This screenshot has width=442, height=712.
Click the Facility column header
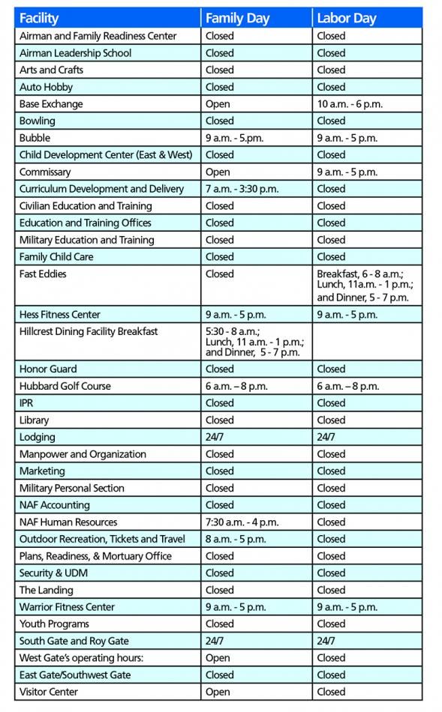pos(39,18)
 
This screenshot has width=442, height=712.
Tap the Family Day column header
pos(237,18)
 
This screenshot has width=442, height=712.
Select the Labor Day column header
pos(346,18)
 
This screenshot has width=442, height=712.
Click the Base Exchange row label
pos(51,104)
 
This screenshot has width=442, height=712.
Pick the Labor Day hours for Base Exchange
pos(350,104)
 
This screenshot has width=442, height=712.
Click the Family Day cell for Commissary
pos(218,172)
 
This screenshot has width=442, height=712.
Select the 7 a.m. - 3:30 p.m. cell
pos(242,189)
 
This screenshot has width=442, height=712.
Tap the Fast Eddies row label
pos(43,274)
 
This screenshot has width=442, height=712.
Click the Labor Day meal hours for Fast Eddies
pos(365,286)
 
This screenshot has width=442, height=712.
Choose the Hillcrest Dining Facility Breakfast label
pos(89,331)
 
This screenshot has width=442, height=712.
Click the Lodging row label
pos(38,437)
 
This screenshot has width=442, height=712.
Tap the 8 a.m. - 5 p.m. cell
pos(236,539)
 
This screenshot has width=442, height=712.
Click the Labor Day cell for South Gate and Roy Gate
pos(326,641)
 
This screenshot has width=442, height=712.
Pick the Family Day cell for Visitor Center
pos(218,692)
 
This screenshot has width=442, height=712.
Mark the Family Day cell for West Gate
pos(218,658)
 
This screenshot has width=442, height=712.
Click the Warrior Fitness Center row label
pos(67,607)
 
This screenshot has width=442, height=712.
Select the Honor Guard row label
pos(48,369)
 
